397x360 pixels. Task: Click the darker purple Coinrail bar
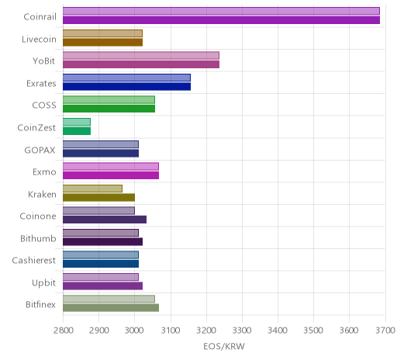[221, 20]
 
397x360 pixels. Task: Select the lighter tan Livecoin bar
[102, 33]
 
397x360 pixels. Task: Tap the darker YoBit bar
[141, 64]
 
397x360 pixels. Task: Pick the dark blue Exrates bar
[126, 87]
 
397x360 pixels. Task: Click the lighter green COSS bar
[109, 99]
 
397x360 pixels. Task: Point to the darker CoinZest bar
[77, 131]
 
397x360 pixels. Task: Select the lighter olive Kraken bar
[92, 189]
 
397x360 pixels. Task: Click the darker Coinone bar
[105, 220]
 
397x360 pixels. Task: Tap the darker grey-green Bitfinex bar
[111, 308]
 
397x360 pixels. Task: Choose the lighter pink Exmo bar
[111, 166]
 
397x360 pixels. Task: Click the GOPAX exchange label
[40, 151]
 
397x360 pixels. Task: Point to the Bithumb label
[38, 238]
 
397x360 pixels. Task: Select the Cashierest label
[34, 261]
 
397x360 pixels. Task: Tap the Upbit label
[43, 282]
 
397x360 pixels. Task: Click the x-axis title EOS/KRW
[224, 346]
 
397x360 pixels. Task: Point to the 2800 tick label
[64, 331]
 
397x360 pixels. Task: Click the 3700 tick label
[385, 331]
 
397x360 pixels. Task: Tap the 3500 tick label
[313, 331]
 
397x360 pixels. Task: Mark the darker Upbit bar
[102, 286]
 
